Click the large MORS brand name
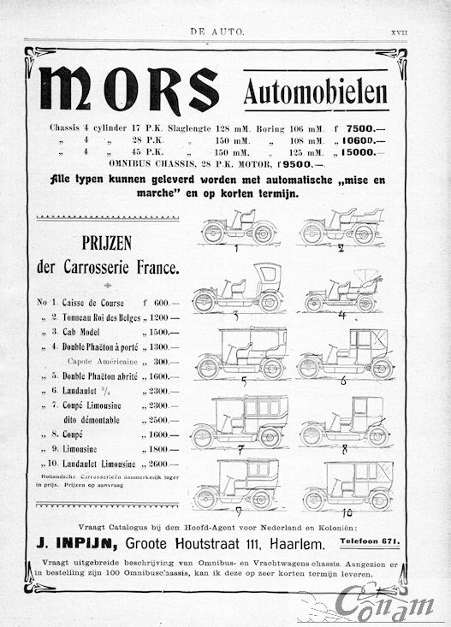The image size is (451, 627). pyautogui.click(x=128, y=88)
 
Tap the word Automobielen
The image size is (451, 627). pyautogui.click(x=315, y=92)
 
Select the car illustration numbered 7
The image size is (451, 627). pyautogui.click(x=240, y=422)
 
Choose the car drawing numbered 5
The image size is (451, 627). pyautogui.click(x=240, y=354)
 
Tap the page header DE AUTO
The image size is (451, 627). pyautogui.click(x=217, y=32)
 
